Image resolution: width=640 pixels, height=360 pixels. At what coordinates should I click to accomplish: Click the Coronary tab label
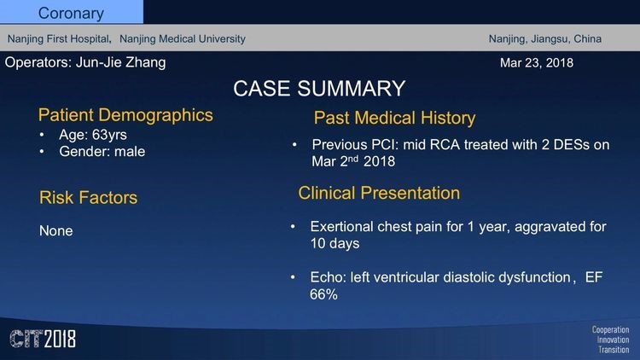click(71, 14)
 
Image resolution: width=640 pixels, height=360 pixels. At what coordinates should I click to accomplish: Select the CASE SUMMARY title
click(319, 89)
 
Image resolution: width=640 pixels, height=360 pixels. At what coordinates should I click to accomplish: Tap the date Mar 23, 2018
click(537, 63)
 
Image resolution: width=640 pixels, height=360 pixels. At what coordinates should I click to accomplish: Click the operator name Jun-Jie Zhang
click(121, 62)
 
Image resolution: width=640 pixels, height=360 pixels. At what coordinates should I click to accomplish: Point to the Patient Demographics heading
click(125, 115)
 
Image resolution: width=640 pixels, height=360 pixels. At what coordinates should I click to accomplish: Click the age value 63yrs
click(109, 135)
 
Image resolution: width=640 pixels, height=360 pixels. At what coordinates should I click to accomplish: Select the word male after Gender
click(130, 152)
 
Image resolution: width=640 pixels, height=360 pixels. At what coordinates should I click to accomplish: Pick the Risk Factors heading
click(88, 198)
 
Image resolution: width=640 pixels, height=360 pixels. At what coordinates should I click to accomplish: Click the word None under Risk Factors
click(56, 231)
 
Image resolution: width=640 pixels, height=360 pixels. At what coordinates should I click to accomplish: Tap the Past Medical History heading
click(395, 118)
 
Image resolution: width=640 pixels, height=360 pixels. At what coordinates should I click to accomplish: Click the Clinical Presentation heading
click(379, 193)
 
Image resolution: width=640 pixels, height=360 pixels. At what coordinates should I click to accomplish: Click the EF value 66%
click(323, 294)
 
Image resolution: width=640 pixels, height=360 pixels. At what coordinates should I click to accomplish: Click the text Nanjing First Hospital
click(59, 38)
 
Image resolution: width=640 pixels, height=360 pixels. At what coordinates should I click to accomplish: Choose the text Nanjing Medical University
click(183, 38)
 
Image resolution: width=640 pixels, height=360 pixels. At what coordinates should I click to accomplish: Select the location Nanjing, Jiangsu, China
click(545, 38)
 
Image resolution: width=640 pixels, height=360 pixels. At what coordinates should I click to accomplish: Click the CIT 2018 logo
click(43, 339)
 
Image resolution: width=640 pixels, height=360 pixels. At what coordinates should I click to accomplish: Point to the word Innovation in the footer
click(613, 340)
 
